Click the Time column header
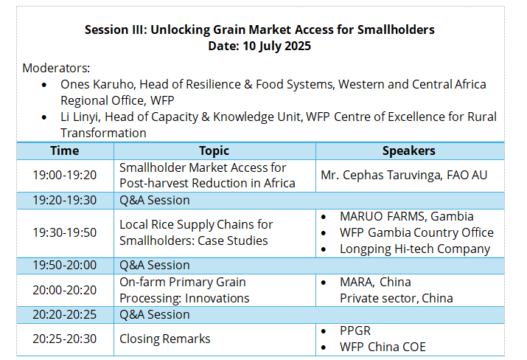coord(65,150)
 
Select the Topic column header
coord(214,150)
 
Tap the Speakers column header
coord(408,150)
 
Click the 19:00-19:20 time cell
coord(65,175)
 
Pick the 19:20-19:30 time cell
coord(65,200)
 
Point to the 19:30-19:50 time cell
coord(65,232)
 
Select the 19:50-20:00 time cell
coord(65,265)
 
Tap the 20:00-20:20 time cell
coord(65,290)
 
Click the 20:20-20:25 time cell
coord(65,314)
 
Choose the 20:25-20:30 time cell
coord(65,339)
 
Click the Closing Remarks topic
coord(164,339)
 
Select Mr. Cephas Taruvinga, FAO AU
coord(404,175)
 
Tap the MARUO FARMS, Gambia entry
coord(407,216)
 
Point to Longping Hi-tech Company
coord(415,249)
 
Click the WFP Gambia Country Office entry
coord(416,232)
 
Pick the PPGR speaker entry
coord(355,330)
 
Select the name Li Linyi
coord(80,117)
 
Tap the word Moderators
coord(56,68)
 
